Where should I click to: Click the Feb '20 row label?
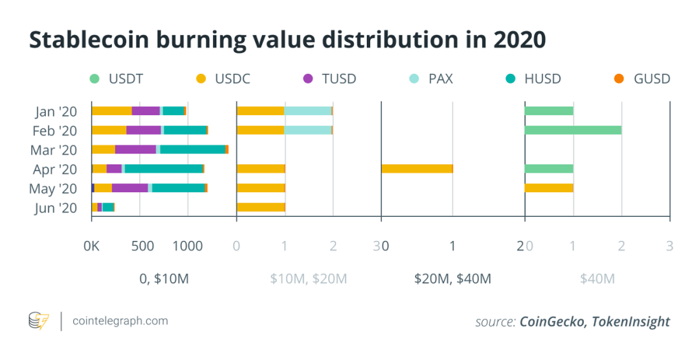pyautogui.click(x=54, y=131)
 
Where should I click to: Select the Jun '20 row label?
pyautogui.click(x=55, y=208)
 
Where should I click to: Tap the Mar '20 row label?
pyautogui.click(x=54, y=150)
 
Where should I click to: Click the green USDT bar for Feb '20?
pyautogui.click(x=573, y=130)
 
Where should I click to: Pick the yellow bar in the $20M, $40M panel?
pyautogui.click(x=417, y=169)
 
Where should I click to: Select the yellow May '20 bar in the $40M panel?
pyautogui.click(x=549, y=188)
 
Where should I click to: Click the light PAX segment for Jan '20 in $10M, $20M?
pyautogui.click(x=308, y=111)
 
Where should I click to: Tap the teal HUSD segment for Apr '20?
pyautogui.click(x=164, y=169)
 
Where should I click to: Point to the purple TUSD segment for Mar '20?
pyautogui.click(x=135, y=150)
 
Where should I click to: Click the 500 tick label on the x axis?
pyautogui.click(x=142, y=246)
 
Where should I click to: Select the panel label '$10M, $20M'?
pyautogui.click(x=308, y=279)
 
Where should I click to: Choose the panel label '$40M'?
pyautogui.click(x=597, y=279)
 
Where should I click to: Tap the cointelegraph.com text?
pyautogui.click(x=120, y=321)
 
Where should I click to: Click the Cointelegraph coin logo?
pyautogui.click(x=39, y=321)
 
